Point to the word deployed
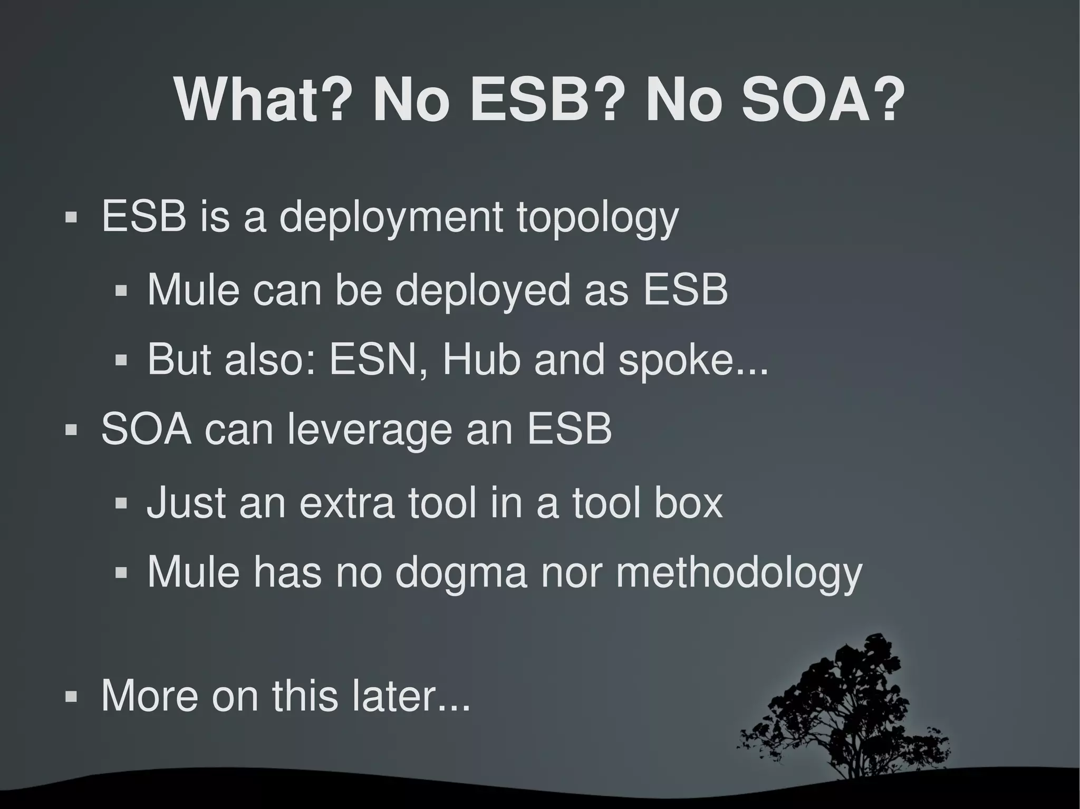pyautogui.click(x=483, y=291)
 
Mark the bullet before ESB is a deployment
pyautogui.click(x=71, y=218)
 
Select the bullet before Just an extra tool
pyautogui.click(x=121, y=503)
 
